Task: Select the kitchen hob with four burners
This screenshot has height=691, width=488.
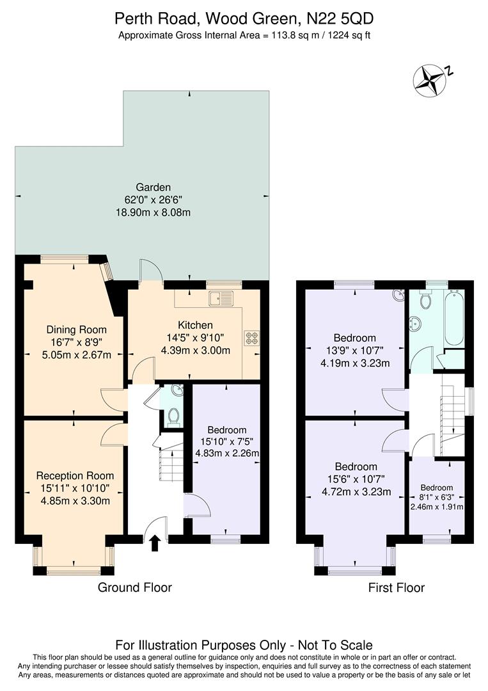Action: tap(251, 337)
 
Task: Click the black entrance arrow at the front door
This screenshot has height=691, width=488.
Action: tap(153, 544)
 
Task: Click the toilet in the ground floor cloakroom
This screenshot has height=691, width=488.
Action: tap(172, 417)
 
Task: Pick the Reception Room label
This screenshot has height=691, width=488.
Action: tap(75, 475)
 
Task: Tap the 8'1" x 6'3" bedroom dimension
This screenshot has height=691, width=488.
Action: tap(436, 497)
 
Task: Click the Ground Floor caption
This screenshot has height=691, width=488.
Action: tap(134, 587)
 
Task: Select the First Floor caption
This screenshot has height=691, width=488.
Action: tap(396, 587)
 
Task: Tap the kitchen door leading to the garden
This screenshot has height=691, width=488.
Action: tap(148, 271)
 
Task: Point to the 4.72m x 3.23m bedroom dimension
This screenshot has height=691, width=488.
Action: tap(356, 492)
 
